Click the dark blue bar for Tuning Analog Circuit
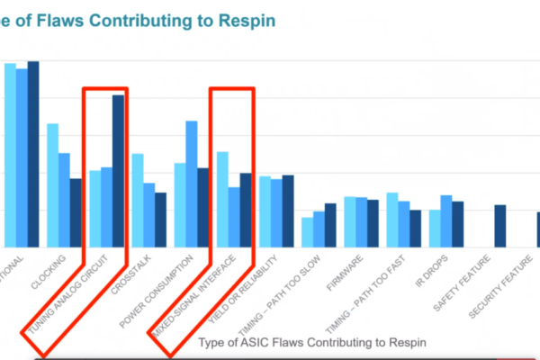(118, 171)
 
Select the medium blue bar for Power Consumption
(192, 184)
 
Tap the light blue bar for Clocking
(53, 184)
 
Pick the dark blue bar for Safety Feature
(499, 226)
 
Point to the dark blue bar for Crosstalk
(160, 220)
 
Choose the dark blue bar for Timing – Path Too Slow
(330, 225)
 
